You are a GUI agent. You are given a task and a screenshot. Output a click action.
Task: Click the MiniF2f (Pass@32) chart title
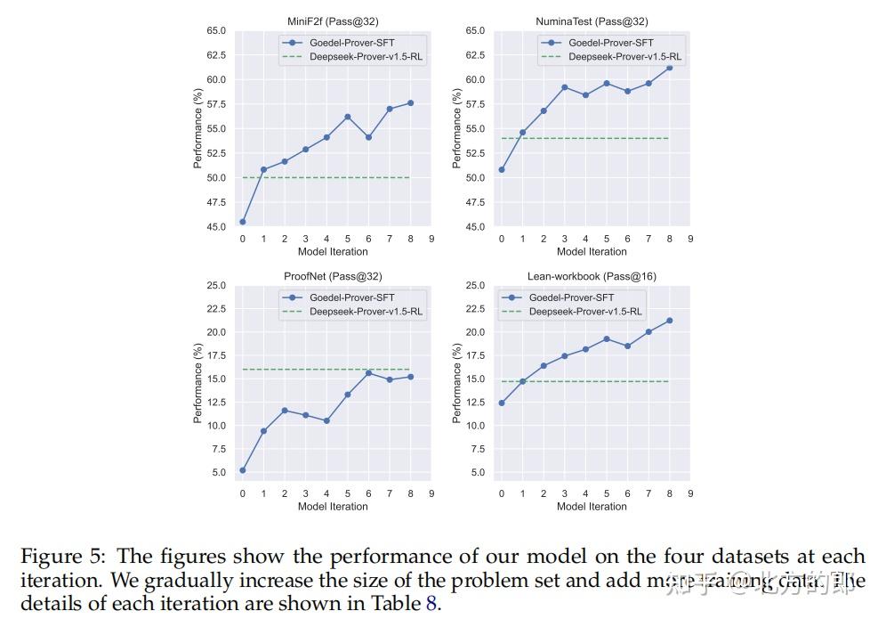pos(332,21)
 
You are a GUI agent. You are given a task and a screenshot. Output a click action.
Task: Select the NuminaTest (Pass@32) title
pos(592,21)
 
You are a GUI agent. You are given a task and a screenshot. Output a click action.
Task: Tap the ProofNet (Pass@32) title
pos(332,276)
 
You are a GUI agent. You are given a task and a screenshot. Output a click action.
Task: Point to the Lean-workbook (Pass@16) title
pos(592,276)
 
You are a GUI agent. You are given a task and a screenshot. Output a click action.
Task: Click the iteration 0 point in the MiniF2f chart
pos(243,222)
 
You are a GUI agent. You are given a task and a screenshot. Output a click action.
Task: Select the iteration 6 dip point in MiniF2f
pos(368,137)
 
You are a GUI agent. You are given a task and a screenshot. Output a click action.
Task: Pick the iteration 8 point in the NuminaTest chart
pos(669,68)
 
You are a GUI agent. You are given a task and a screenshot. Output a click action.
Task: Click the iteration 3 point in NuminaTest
pos(564,87)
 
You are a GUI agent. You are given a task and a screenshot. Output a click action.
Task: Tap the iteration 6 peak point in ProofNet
pos(368,373)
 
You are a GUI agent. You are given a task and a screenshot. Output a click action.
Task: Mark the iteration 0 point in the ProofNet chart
pos(243,470)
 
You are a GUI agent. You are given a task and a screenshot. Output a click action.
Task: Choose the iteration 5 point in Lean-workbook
pos(606,339)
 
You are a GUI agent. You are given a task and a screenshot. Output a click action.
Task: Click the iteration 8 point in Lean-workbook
pos(669,321)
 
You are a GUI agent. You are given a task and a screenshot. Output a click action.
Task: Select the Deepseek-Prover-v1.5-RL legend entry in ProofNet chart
pos(366,312)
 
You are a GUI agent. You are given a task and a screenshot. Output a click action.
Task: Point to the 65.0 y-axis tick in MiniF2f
pos(216,31)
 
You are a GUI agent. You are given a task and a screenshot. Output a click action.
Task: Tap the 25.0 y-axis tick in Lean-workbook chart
pos(475,286)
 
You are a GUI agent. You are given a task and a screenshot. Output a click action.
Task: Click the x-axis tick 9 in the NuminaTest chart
pos(690,239)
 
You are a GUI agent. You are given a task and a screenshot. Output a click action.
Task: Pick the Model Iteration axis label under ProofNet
pos(332,507)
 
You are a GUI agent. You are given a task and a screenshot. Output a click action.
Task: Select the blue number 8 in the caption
pos(431,602)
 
